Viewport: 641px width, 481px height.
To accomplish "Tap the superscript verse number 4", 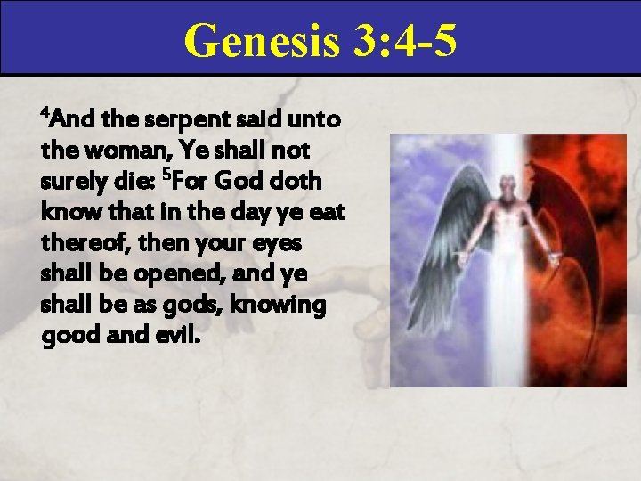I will pyautogui.click(x=45, y=112).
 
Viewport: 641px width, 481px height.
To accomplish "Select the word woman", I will pyautogui.click(x=112, y=151).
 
